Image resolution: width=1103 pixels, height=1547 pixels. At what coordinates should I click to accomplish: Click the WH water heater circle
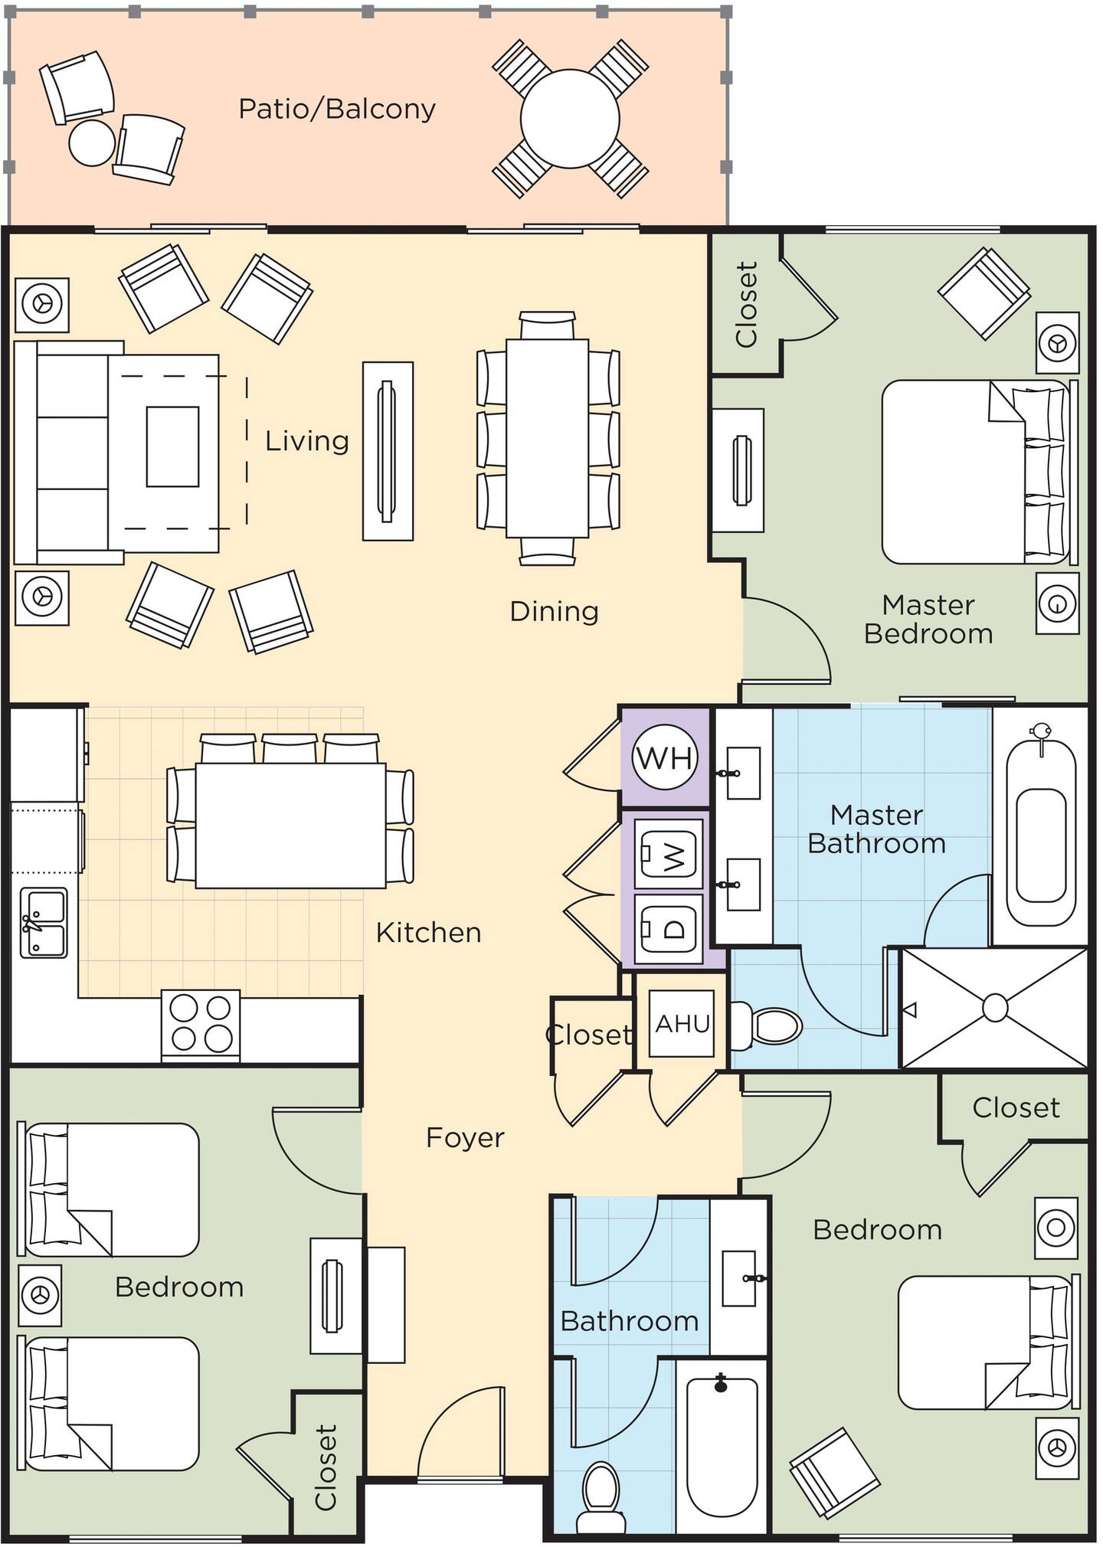(x=664, y=757)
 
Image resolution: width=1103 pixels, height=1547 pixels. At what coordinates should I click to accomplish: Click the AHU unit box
(x=682, y=1024)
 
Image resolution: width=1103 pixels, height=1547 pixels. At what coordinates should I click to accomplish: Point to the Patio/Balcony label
(x=337, y=109)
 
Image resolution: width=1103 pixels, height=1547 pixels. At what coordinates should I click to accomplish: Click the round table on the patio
(x=570, y=119)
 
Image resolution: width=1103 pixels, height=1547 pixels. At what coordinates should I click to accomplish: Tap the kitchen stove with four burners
(x=201, y=1025)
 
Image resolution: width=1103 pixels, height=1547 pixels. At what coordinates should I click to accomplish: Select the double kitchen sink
(x=44, y=923)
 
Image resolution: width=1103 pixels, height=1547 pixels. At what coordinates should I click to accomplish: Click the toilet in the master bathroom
(x=767, y=1025)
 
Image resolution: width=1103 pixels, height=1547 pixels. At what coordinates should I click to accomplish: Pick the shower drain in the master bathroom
(x=994, y=1008)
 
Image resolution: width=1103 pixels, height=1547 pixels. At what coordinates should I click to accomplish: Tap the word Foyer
(x=465, y=1137)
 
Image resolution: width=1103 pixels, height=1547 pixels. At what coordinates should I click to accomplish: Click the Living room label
(x=307, y=441)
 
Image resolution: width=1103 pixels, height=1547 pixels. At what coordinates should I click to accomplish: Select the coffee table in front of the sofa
(x=172, y=446)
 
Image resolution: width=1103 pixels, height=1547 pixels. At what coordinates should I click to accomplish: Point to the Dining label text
(x=554, y=611)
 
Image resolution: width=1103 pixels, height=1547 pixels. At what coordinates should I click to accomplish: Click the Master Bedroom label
(x=928, y=619)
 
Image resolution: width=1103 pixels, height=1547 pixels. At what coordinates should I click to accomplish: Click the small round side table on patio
(x=92, y=142)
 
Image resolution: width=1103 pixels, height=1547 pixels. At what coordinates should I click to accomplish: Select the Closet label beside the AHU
(x=589, y=1035)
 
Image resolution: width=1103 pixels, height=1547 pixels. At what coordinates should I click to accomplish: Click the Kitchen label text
(x=429, y=932)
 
